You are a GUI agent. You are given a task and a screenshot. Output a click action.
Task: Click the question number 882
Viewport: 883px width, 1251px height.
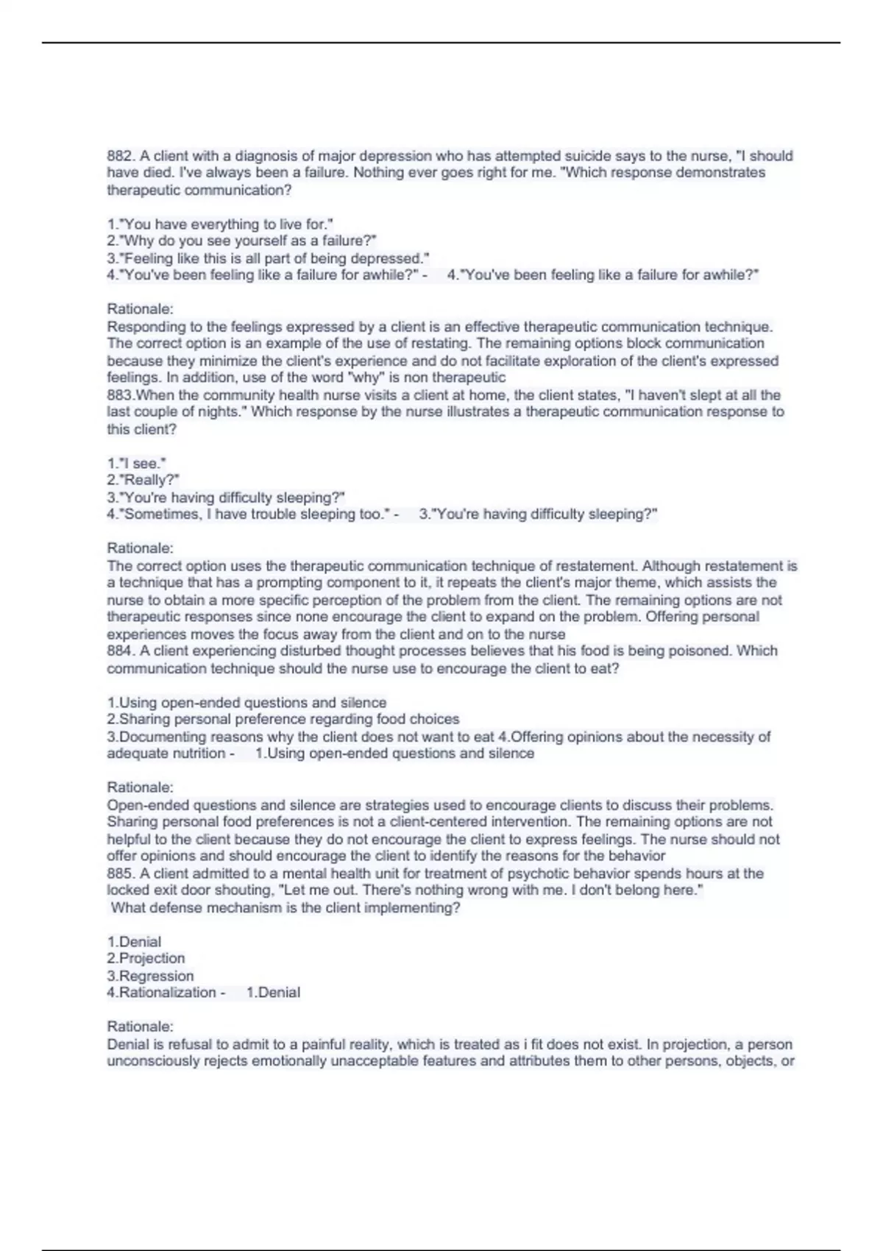pos(121,156)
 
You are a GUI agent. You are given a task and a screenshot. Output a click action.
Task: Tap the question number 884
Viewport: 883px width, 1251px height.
pos(121,651)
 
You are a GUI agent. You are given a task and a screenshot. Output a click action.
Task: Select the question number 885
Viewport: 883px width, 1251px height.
pos(121,873)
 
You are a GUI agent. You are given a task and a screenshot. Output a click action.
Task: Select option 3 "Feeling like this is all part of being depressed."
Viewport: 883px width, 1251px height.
pos(268,258)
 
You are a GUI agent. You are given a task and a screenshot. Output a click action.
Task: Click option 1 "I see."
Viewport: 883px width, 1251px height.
pos(136,464)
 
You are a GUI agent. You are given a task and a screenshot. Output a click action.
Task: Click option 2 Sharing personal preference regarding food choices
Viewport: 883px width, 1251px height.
pos(283,719)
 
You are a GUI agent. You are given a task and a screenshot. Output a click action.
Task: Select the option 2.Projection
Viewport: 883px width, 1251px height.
pos(146,958)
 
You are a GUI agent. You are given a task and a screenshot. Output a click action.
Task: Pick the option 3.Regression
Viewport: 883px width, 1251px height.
pos(150,976)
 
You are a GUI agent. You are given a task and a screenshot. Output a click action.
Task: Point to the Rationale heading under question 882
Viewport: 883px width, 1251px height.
pos(140,309)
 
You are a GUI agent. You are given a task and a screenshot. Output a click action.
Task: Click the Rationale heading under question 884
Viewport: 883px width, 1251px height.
pos(140,787)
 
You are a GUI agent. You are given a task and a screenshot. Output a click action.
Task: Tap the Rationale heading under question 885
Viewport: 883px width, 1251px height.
pos(140,1027)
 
